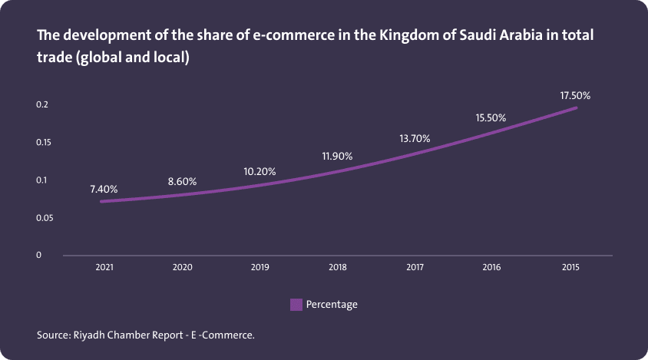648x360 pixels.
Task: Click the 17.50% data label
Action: point(575,95)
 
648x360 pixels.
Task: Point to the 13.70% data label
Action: point(415,138)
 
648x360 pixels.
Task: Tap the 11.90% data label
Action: point(337,156)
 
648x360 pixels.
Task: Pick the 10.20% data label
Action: point(260,171)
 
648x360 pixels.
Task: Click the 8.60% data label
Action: point(182,182)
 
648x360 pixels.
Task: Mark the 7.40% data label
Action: point(103,189)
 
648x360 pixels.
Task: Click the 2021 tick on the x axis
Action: point(105,267)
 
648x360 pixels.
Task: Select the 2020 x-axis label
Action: point(183,267)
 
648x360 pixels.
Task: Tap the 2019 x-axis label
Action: point(260,267)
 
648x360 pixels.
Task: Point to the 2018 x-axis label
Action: point(338,267)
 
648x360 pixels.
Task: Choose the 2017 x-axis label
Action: point(415,267)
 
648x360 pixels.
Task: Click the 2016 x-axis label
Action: point(492,267)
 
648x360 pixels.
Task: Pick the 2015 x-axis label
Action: point(570,267)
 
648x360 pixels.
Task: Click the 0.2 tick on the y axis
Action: point(42,104)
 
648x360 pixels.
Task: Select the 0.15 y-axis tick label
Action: point(45,142)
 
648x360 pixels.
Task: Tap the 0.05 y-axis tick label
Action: point(45,218)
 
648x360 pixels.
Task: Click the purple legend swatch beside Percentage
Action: point(296,305)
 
